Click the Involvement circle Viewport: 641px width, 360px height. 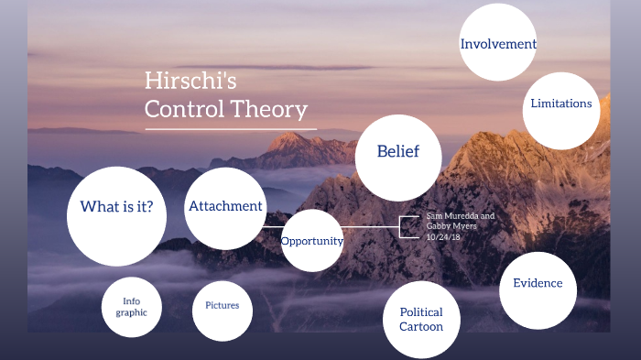pyautogui.click(x=497, y=43)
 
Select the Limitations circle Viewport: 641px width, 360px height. pyautogui.click(x=560, y=104)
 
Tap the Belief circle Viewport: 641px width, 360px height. pyautogui.click(x=397, y=152)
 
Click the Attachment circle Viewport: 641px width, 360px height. pyautogui.click(x=225, y=207)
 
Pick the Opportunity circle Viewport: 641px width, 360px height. pyautogui.click(x=311, y=241)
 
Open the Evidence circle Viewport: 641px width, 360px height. pyautogui.click(x=538, y=284)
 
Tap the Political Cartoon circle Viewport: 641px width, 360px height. pyautogui.click(x=421, y=320)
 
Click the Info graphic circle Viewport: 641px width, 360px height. pyautogui.click(x=131, y=306)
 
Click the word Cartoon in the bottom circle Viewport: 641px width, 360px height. pyautogui.click(x=421, y=327)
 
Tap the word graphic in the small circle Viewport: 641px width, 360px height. pyautogui.click(x=131, y=312)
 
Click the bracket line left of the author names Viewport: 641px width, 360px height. pyautogui.click(x=402, y=227)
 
